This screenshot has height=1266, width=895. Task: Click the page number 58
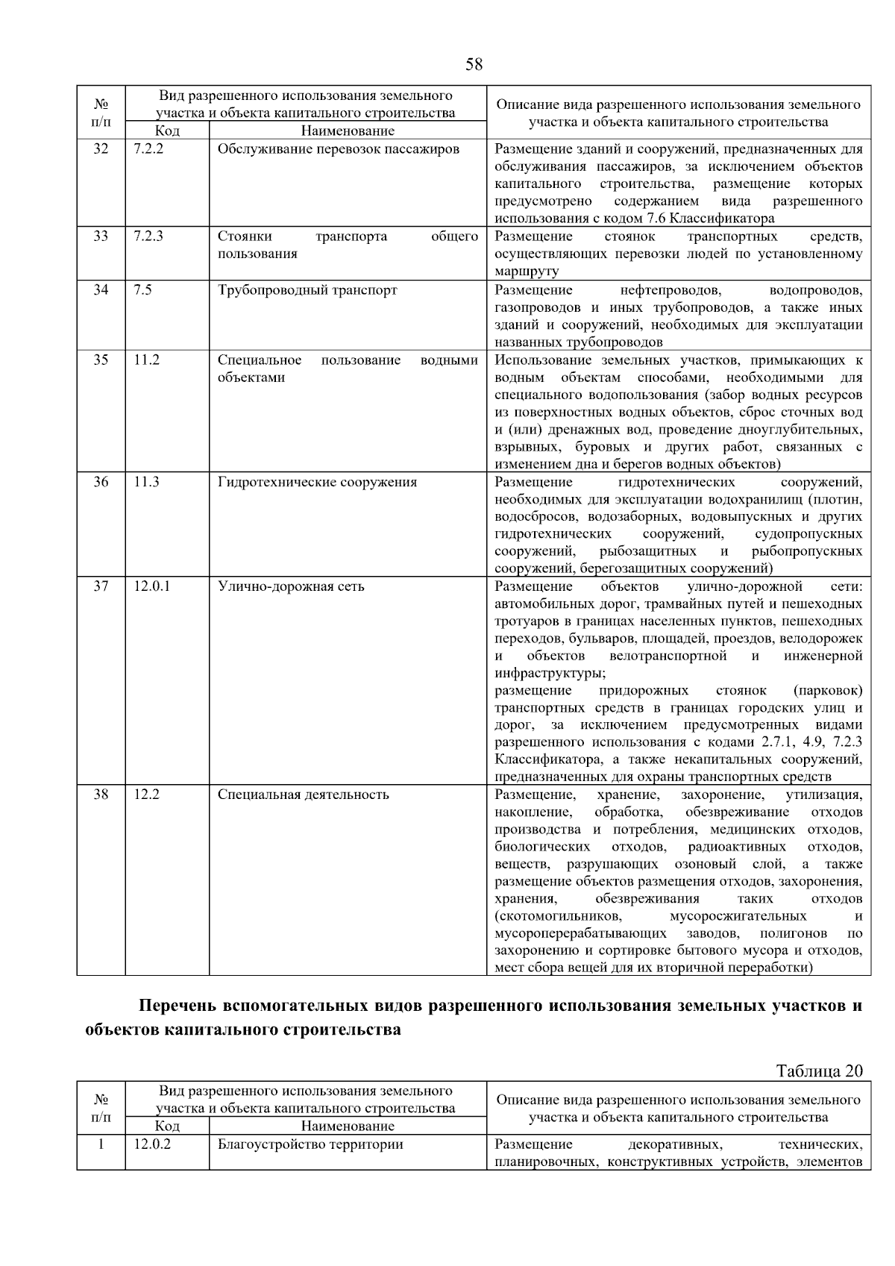(x=474, y=64)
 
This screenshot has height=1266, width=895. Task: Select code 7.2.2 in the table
(x=148, y=149)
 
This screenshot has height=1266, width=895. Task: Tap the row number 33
(x=101, y=236)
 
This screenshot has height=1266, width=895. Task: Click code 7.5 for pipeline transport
(x=142, y=290)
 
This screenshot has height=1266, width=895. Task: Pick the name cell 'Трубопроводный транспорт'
(x=307, y=290)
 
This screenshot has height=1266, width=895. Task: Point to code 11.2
(x=146, y=360)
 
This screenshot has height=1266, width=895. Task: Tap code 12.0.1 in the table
(x=151, y=586)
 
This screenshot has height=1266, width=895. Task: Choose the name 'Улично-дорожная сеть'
(x=291, y=586)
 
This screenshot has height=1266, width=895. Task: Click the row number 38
(x=101, y=795)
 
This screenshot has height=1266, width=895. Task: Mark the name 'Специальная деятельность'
(x=303, y=795)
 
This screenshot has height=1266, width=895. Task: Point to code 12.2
(x=146, y=795)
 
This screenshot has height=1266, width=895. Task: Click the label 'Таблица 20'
(x=819, y=1071)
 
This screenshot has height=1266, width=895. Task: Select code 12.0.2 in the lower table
(x=151, y=1144)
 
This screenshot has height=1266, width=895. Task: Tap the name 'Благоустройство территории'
(x=310, y=1144)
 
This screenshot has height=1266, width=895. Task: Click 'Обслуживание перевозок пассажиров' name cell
(x=338, y=149)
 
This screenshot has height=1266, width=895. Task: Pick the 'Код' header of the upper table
(x=167, y=131)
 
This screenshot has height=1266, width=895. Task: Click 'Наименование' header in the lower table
(x=348, y=1126)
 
